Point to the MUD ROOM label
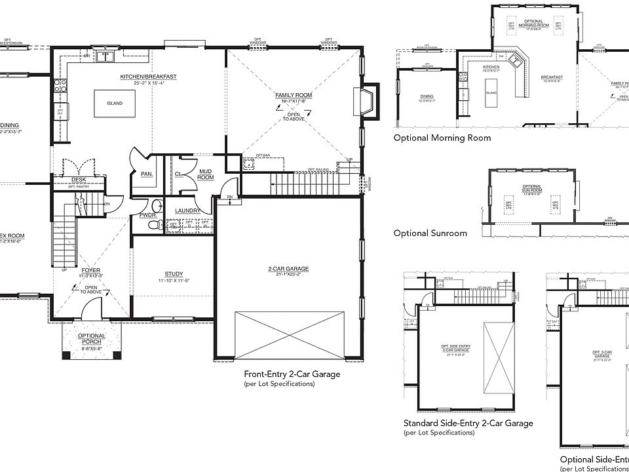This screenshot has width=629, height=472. coord(206,174)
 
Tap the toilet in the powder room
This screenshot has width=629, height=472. coord(155,225)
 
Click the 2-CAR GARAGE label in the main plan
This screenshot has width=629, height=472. coord(288,269)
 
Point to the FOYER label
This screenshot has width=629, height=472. coord(90,269)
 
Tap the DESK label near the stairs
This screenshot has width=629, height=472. coord(78,180)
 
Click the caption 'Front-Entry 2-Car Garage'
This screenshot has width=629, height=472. coord(292,375)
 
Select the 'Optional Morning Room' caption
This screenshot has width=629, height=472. coord(442,138)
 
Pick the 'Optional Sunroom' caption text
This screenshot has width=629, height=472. coord(430,233)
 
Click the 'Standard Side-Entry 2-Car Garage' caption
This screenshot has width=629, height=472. coord(468,423)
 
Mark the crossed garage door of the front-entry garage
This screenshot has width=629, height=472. coord(290,334)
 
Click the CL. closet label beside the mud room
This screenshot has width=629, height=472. coord(178,174)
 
